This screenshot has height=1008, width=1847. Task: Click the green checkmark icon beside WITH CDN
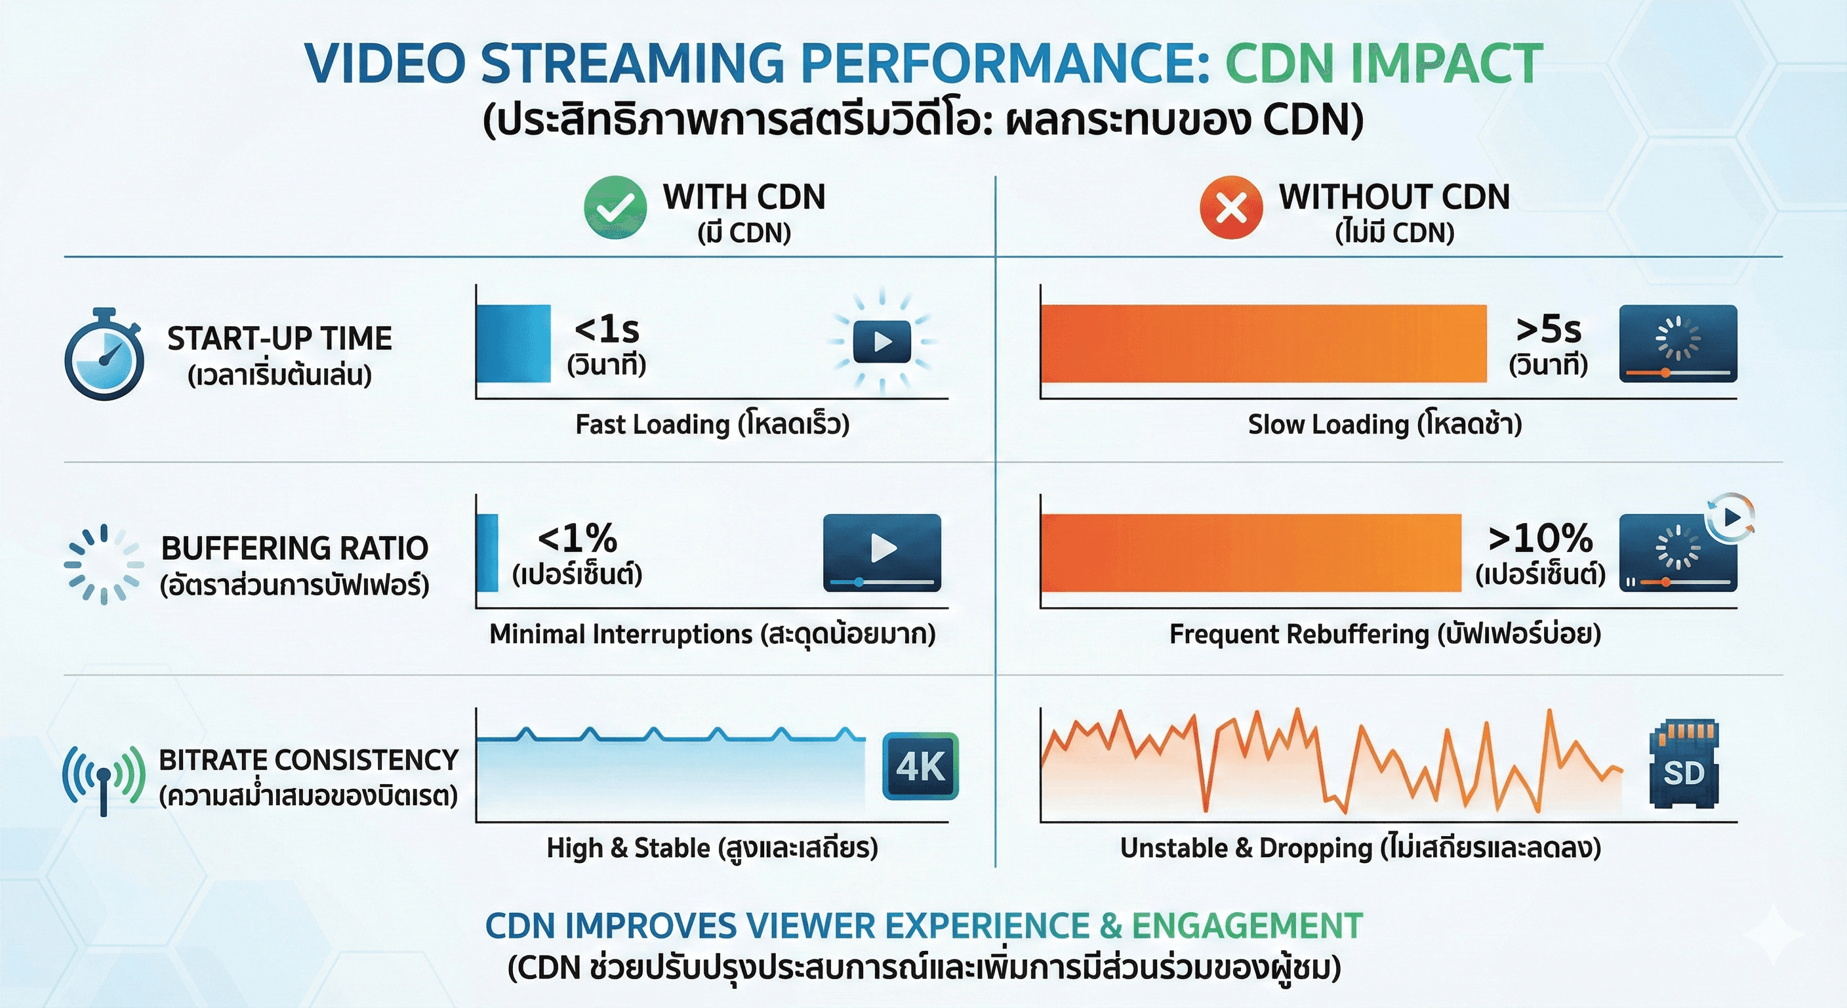coord(615,207)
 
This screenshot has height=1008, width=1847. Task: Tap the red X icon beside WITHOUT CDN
coord(1230,207)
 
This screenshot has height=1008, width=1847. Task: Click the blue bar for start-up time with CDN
coord(514,344)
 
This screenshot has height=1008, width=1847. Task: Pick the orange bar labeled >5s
coord(1263,344)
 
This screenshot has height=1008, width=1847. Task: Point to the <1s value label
coord(607,330)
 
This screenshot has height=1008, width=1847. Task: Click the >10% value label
coord(1540,538)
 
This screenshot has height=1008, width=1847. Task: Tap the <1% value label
coord(578,538)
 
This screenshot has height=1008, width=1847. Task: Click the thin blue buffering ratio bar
coord(488,553)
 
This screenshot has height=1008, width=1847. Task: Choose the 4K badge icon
coord(921,766)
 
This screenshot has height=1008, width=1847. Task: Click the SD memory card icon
coord(1684,764)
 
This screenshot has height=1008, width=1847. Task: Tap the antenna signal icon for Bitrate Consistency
coord(104,778)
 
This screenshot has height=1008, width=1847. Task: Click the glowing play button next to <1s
coord(882,342)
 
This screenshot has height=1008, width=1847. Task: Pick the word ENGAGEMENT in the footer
coord(1247,925)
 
